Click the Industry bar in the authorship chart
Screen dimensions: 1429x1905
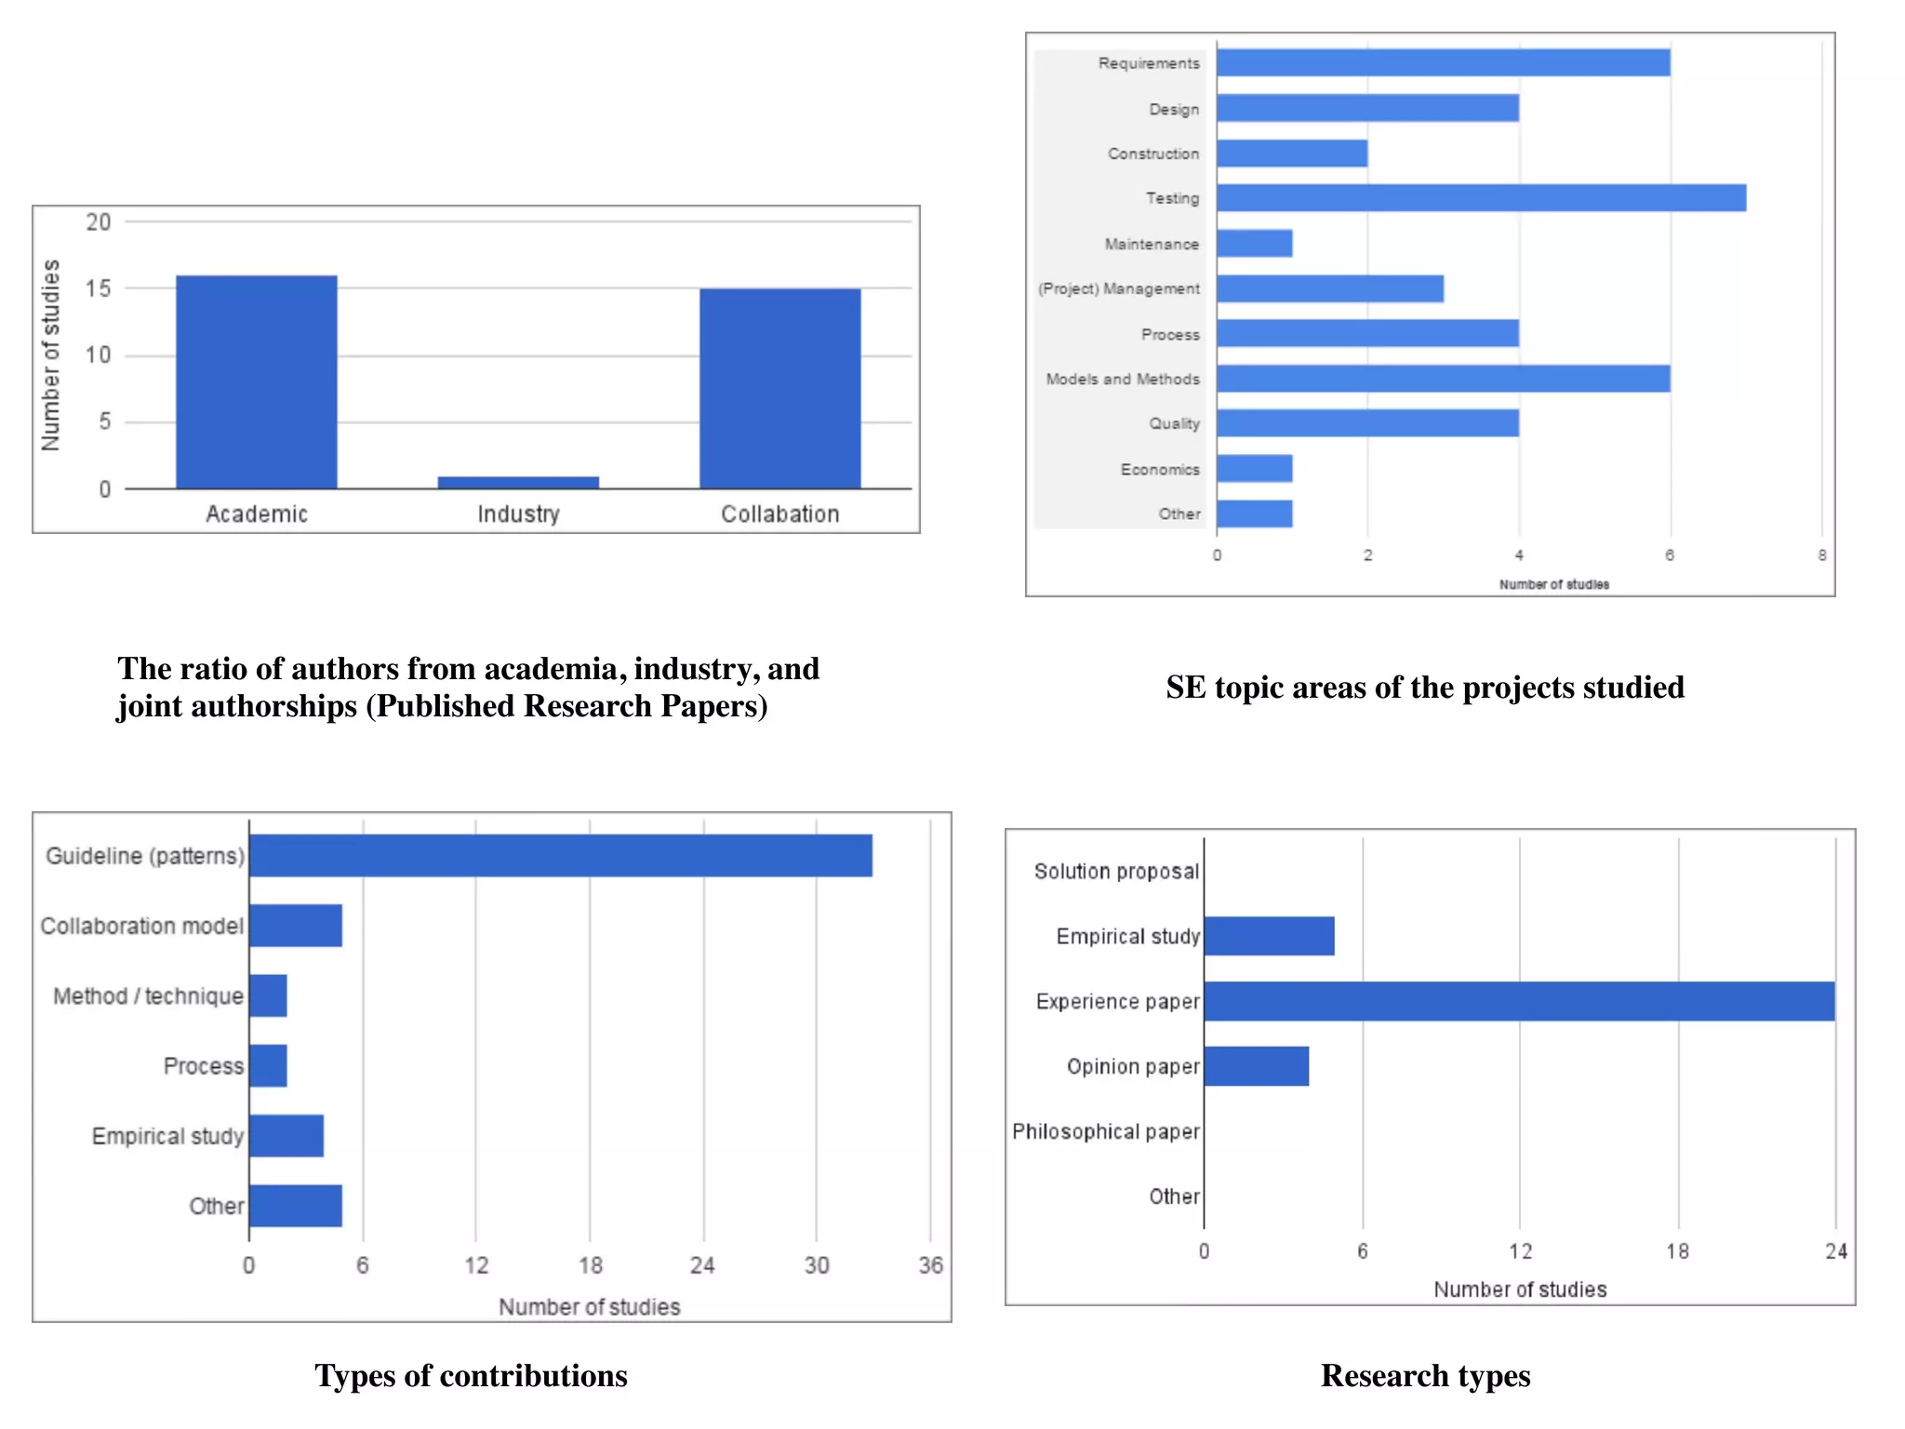tap(518, 482)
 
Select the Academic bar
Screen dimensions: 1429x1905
tap(257, 381)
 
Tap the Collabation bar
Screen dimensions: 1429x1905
tap(779, 388)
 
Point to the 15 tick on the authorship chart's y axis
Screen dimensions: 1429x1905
tap(98, 288)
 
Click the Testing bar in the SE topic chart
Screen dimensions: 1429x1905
tap(1481, 198)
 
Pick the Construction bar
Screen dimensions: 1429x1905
tap(1291, 154)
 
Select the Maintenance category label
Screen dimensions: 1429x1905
tap(1151, 244)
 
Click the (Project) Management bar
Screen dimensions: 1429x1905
tap(1329, 288)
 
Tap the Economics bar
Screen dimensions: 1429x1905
tap(1254, 469)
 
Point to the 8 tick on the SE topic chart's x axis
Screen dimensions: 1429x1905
tap(1821, 555)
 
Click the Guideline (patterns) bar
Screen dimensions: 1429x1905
tap(560, 855)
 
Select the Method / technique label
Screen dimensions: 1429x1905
tap(148, 996)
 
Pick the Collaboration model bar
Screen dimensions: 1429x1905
tap(295, 926)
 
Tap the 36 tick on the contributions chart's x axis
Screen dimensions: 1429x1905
tap(930, 1265)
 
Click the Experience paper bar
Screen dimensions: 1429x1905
tap(1519, 1001)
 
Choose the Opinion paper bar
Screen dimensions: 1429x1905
tap(1256, 1066)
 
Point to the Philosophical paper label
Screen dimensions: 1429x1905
tap(1105, 1131)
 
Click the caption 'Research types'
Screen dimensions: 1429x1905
tap(1425, 1375)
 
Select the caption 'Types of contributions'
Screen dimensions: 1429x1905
tap(471, 1375)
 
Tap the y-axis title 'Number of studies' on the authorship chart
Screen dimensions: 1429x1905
tap(50, 355)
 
